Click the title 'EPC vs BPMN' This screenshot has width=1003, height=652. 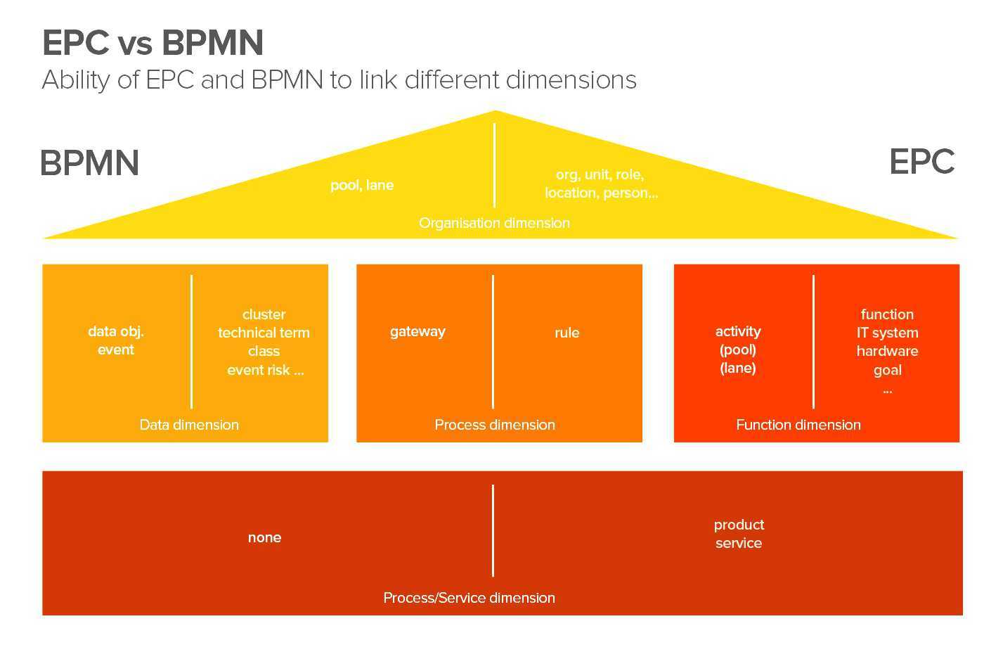153,42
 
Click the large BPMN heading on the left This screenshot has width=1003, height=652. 89,163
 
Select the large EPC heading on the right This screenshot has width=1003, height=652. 921,162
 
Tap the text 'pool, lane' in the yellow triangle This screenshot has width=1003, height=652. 362,185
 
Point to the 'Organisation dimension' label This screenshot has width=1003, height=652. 494,223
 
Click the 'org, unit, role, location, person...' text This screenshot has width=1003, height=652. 601,184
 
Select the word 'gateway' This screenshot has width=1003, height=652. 418,331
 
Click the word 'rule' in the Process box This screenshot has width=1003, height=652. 567,333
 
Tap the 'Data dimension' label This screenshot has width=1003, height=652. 189,425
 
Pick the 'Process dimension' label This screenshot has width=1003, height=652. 495,425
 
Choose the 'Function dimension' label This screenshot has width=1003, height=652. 798,425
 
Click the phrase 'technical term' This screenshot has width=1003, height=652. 264,333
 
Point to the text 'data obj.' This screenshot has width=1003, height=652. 116,331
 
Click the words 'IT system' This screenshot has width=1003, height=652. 887,333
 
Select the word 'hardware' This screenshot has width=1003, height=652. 887,351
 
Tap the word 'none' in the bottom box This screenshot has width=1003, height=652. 264,537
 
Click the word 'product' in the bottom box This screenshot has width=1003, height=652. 739,525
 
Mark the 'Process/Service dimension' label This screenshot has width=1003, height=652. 469,598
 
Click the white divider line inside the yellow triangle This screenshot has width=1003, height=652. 494,165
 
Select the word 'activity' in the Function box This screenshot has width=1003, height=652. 738,331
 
